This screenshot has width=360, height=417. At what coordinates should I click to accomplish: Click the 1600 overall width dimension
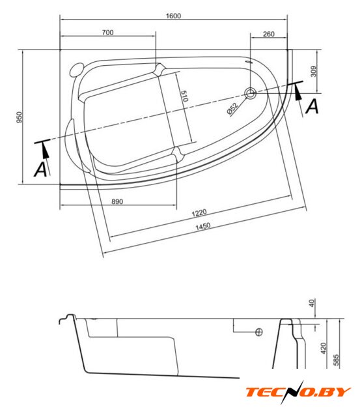point(173,16)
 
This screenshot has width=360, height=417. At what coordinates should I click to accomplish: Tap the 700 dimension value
point(107,33)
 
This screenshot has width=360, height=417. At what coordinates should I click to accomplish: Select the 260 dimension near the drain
point(269,34)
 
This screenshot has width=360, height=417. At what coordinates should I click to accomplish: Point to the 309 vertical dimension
point(314,71)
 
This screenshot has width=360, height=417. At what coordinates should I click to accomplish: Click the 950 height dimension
point(20,117)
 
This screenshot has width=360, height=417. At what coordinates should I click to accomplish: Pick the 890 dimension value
point(117,201)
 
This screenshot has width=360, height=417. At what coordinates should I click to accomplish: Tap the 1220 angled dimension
point(199,213)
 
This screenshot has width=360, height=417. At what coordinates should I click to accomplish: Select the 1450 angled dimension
point(203,227)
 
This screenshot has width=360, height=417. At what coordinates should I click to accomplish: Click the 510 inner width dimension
point(184,96)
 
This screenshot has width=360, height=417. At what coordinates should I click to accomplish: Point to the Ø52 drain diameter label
point(232,109)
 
